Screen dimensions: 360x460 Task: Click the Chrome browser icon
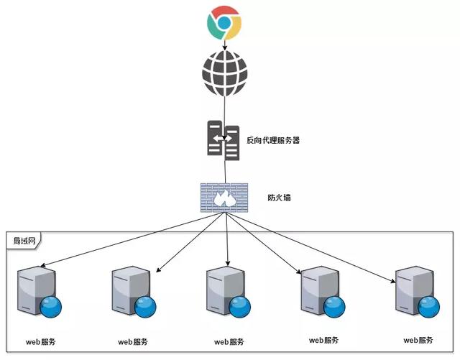(224, 22)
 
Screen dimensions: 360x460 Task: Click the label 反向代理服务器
(273, 140)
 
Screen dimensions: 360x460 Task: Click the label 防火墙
(277, 195)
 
